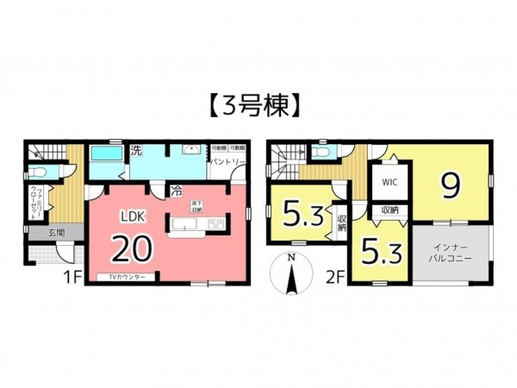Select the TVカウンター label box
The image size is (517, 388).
[x=126, y=277]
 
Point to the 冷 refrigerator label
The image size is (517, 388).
[x=176, y=191]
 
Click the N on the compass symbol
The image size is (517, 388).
[x=292, y=259]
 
